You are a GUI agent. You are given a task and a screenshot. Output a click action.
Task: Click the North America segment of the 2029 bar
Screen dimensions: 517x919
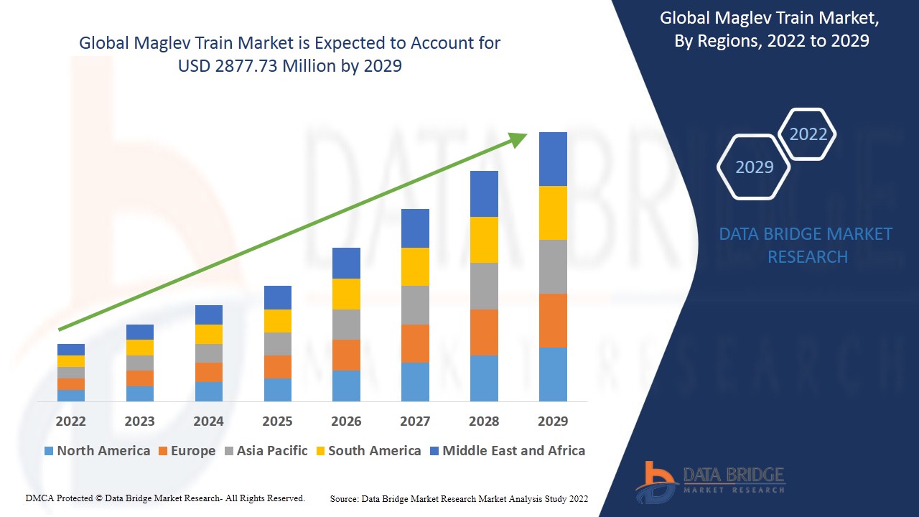coord(553,374)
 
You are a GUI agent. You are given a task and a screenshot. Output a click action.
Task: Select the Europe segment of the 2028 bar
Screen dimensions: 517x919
coord(484,332)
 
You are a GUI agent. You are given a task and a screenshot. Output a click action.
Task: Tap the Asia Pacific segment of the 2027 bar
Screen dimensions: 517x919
coord(415,305)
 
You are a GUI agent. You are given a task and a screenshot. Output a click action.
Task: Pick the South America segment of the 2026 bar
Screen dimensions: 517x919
coord(346,294)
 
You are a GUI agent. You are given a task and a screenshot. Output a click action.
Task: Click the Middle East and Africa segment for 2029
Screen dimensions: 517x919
coord(553,159)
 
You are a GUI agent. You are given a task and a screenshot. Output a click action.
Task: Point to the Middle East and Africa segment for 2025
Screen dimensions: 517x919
coord(278,297)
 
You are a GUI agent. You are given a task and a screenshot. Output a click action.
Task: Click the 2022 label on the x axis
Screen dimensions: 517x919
coord(71,421)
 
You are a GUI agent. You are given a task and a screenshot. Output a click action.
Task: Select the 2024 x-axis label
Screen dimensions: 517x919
coord(208,421)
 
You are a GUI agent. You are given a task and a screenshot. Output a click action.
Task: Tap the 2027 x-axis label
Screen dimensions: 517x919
coord(415,421)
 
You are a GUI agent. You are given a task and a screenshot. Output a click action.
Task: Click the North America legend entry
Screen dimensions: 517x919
coord(97,451)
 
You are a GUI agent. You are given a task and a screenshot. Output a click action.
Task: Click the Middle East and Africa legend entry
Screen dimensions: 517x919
coord(507,451)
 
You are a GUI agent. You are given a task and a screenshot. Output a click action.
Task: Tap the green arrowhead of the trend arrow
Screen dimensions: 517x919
coord(518,139)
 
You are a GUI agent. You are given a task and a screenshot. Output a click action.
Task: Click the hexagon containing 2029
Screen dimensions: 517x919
coord(754,167)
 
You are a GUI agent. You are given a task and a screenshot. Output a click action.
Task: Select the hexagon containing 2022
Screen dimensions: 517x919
coord(808,134)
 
